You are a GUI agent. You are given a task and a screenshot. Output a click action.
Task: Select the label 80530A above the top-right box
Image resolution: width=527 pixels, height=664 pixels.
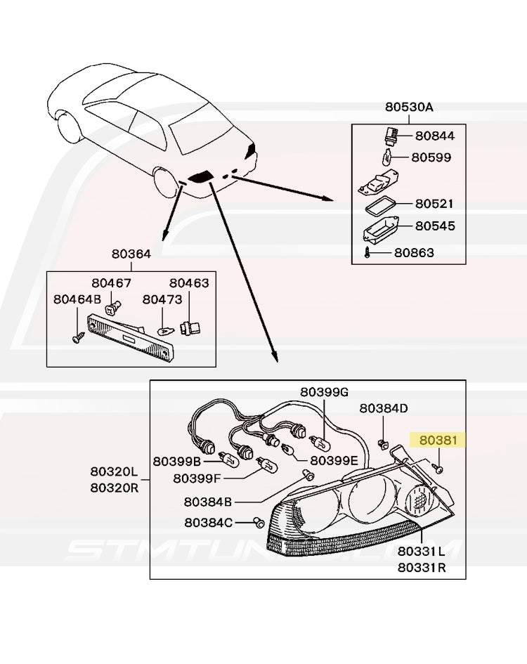click(409, 108)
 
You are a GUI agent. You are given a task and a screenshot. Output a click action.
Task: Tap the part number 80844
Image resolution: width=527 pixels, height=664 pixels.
click(434, 136)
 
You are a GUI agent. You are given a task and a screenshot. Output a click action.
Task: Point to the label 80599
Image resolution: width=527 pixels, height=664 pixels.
click(433, 157)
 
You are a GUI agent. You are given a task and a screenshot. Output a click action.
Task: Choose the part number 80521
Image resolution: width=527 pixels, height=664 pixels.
click(434, 204)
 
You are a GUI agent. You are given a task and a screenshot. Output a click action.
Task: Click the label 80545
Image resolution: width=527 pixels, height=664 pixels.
click(434, 226)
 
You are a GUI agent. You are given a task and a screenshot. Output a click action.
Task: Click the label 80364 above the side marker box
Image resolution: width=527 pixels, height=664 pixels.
click(131, 254)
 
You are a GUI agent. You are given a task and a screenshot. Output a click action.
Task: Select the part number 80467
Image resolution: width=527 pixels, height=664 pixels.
click(112, 282)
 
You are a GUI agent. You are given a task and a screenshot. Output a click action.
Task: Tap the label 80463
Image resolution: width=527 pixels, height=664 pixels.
click(189, 282)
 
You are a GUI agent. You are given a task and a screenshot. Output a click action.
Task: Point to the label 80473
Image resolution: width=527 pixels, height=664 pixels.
click(162, 299)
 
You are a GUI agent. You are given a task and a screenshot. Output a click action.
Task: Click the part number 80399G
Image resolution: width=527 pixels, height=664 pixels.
click(324, 391)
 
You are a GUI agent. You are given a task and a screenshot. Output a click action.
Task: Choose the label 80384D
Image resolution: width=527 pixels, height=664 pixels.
click(384, 408)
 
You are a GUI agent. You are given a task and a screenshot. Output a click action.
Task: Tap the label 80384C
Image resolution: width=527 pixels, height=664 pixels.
click(208, 522)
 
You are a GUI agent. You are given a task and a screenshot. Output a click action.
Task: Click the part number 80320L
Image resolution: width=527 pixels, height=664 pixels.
click(114, 471)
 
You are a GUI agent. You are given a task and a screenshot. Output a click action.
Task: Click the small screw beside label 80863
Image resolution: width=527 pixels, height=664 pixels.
click(367, 253)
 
